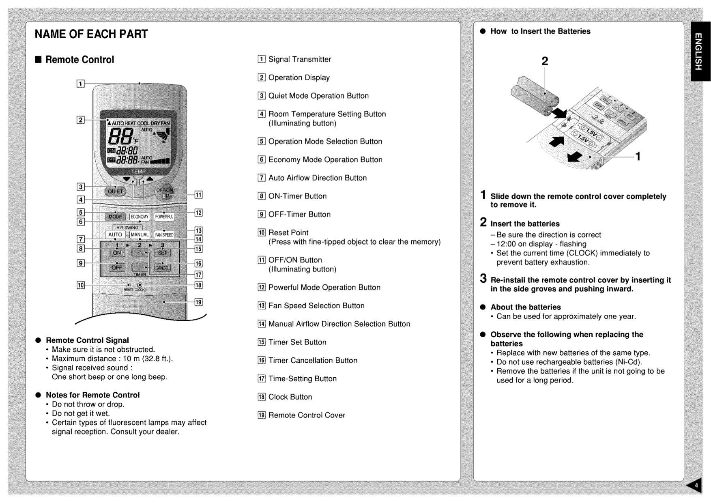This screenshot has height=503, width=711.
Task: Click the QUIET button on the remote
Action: (x=116, y=191)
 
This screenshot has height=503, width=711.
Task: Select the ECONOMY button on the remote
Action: (x=140, y=217)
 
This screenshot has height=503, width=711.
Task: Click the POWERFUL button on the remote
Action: (x=164, y=217)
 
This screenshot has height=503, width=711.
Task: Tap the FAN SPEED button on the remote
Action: (x=164, y=235)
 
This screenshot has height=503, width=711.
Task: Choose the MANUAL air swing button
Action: (x=140, y=235)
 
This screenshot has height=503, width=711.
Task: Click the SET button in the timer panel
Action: (x=162, y=253)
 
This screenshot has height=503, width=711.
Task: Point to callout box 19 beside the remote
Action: (x=198, y=302)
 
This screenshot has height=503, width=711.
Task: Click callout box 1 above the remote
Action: (x=81, y=84)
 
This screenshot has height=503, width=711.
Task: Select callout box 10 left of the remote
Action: (x=81, y=285)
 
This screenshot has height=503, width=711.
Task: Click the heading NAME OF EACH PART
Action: (x=91, y=34)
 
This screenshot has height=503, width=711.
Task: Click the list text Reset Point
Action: (x=288, y=233)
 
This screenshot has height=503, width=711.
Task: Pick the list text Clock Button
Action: (x=290, y=397)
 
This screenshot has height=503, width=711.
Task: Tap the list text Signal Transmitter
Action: (x=300, y=60)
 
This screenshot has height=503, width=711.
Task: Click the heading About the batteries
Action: (x=525, y=307)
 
